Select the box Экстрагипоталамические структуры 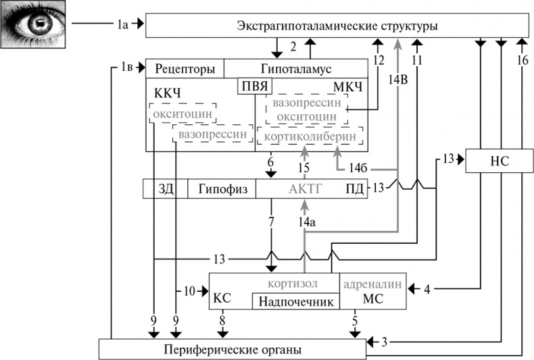pyautogui.click(x=337, y=26)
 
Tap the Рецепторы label pyautogui.click(x=185, y=69)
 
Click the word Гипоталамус pyautogui.click(x=295, y=69)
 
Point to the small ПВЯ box pyautogui.click(x=253, y=86)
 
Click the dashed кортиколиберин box pyautogui.click(x=310, y=137)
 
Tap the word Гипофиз pyautogui.click(x=222, y=189)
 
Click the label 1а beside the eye pyautogui.click(x=120, y=24)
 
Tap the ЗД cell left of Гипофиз pyautogui.click(x=166, y=189)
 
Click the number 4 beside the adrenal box pyautogui.click(x=427, y=290)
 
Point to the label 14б pyautogui.click(x=358, y=166)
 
